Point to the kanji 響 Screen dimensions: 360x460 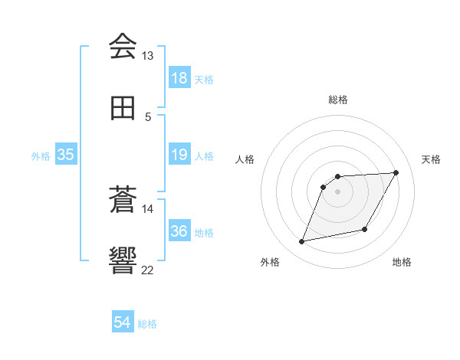[x=123, y=260]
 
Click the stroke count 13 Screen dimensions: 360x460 [x=147, y=56]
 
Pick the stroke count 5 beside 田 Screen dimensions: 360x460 [x=148, y=116]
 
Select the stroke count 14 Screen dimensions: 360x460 [x=147, y=208]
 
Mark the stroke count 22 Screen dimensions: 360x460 [x=147, y=269]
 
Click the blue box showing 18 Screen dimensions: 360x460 [x=179, y=78]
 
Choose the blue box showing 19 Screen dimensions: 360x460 [x=179, y=155]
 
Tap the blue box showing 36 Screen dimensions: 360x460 [x=179, y=231]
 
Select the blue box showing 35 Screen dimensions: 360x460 [x=66, y=155]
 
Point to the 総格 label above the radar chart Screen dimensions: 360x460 [x=337, y=100]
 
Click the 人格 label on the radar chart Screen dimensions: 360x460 [x=245, y=159]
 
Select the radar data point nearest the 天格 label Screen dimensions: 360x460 [x=396, y=173]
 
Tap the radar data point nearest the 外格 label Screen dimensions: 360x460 [x=302, y=242]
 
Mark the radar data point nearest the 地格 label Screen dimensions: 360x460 [x=365, y=230]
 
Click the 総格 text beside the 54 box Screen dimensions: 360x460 [x=147, y=324]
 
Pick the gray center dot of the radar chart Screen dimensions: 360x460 [x=337, y=191]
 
